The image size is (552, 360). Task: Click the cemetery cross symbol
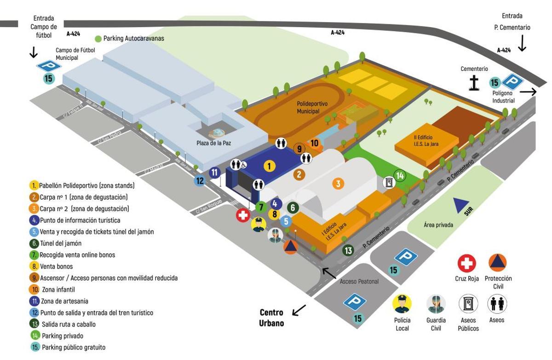pos(473,83)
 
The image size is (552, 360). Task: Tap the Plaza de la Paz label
pos(213,143)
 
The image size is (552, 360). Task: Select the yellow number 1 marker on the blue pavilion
pos(270,166)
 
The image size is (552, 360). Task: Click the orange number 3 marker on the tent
pos(338,184)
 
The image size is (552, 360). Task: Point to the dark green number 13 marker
pos(348,250)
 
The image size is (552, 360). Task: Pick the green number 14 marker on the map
pos(400,176)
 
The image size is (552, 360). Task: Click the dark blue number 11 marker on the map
pos(215,173)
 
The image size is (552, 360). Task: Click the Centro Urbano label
pos(271,318)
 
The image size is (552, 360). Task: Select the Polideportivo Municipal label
pos(312,108)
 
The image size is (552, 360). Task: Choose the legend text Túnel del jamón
pos(60,243)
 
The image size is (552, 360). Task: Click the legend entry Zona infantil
pos(58,290)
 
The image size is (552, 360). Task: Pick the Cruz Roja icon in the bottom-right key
pos(466,263)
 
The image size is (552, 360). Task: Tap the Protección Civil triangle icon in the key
pos(498,263)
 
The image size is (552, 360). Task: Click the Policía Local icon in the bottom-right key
pos(402,304)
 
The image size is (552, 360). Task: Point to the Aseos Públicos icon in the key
pos(468,304)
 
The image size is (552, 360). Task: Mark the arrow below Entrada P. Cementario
pos(522,44)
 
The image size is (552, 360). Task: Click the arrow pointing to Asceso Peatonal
pos(329,273)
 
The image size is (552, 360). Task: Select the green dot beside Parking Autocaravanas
pos(98,39)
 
